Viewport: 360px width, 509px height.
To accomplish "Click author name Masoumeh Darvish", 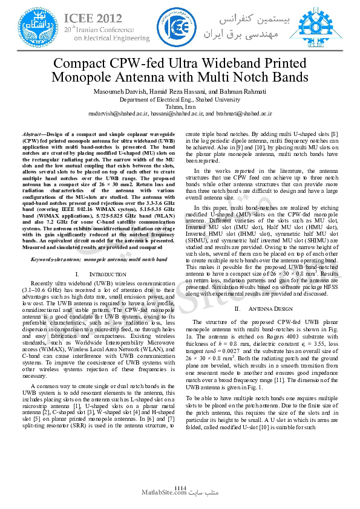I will (x=119, y=91).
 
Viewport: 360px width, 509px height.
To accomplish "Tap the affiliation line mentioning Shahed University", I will (x=180, y=99).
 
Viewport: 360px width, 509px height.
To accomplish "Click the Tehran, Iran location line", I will (x=180, y=106).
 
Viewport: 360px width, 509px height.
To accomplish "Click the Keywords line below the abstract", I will (x=91, y=259).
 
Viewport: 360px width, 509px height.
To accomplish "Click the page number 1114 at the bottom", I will (x=180, y=487).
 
